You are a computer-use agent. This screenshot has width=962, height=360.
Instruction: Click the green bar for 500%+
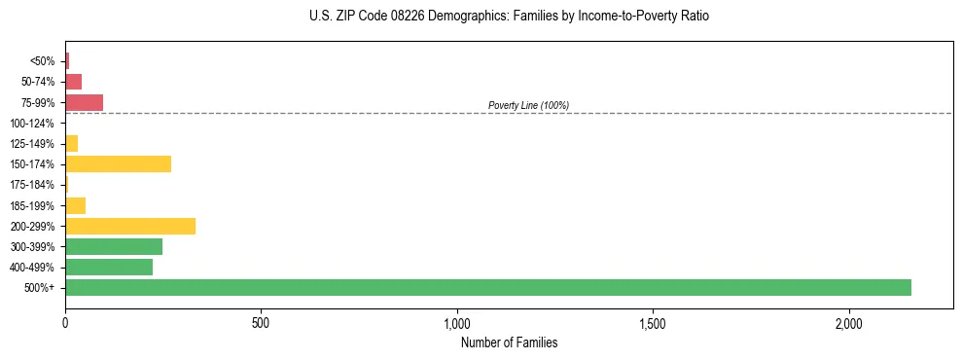[x=487, y=287]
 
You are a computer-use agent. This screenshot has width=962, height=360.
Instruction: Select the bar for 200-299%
[x=130, y=226]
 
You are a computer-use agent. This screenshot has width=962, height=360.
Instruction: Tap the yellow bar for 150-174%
[x=118, y=163]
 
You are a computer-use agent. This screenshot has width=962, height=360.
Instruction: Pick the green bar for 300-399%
[x=114, y=246]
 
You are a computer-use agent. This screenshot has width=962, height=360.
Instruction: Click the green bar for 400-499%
[x=109, y=267]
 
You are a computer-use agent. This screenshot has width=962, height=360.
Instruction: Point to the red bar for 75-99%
[x=84, y=102]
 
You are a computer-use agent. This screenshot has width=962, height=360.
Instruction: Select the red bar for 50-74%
[x=73, y=82]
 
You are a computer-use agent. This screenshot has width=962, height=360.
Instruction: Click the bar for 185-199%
[x=75, y=205]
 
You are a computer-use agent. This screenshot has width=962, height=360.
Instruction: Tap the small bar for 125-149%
[x=71, y=143]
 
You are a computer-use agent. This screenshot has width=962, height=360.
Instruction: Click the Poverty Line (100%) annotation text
[x=528, y=105]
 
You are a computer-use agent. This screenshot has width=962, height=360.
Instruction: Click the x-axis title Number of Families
[x=509, y=342]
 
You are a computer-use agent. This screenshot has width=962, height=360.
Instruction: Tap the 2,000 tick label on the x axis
[x=849, y=322]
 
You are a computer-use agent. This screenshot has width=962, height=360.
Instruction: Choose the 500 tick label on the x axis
[x=261, y=322]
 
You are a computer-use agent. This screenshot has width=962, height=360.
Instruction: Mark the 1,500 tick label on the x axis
[x=653, y=322]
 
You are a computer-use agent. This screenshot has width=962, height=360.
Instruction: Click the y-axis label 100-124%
[x=31, y=124]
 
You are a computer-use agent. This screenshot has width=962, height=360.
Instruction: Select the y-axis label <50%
[x=43, y=61]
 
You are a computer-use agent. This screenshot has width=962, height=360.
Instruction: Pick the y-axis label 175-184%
[x=31, y=185]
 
